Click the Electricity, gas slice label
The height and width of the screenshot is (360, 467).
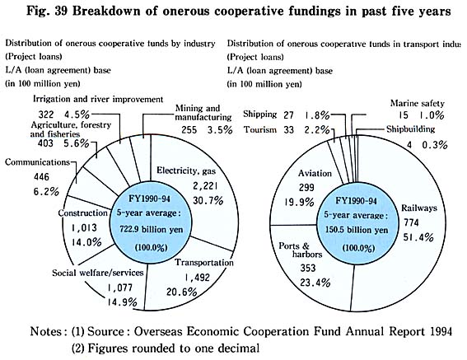(x=186, y=171)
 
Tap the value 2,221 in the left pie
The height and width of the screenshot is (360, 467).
(x=205, y=186)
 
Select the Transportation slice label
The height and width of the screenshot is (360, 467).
(x=204, y=262)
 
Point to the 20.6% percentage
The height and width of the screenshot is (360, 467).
(x=182, y=292)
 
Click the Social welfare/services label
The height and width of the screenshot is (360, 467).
(x=98, y=273)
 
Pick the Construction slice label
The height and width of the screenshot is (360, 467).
(x=83, y=213)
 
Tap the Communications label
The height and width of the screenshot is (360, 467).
(x=37, y=162)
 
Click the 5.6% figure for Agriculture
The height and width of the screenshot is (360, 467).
(x=77, y=143)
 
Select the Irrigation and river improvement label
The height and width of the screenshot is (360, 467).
(x=98, y=99)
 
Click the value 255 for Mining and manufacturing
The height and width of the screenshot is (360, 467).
(x=189, y=130)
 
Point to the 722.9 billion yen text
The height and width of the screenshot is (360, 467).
(x=152, y=230)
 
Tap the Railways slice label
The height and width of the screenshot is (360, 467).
(x=419, y=208)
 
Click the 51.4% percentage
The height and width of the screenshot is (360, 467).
(x=418, y=237)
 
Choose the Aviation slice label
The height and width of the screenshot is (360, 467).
(x=315, y=173)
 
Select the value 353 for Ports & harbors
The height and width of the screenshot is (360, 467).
(x=308, y=268)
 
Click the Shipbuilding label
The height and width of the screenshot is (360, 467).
(x=411, y=129)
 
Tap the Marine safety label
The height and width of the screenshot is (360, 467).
(x=418, y=103)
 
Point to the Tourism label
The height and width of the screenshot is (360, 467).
(x=260, y=129)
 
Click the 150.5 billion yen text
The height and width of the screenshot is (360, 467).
(x=357, y=230)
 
